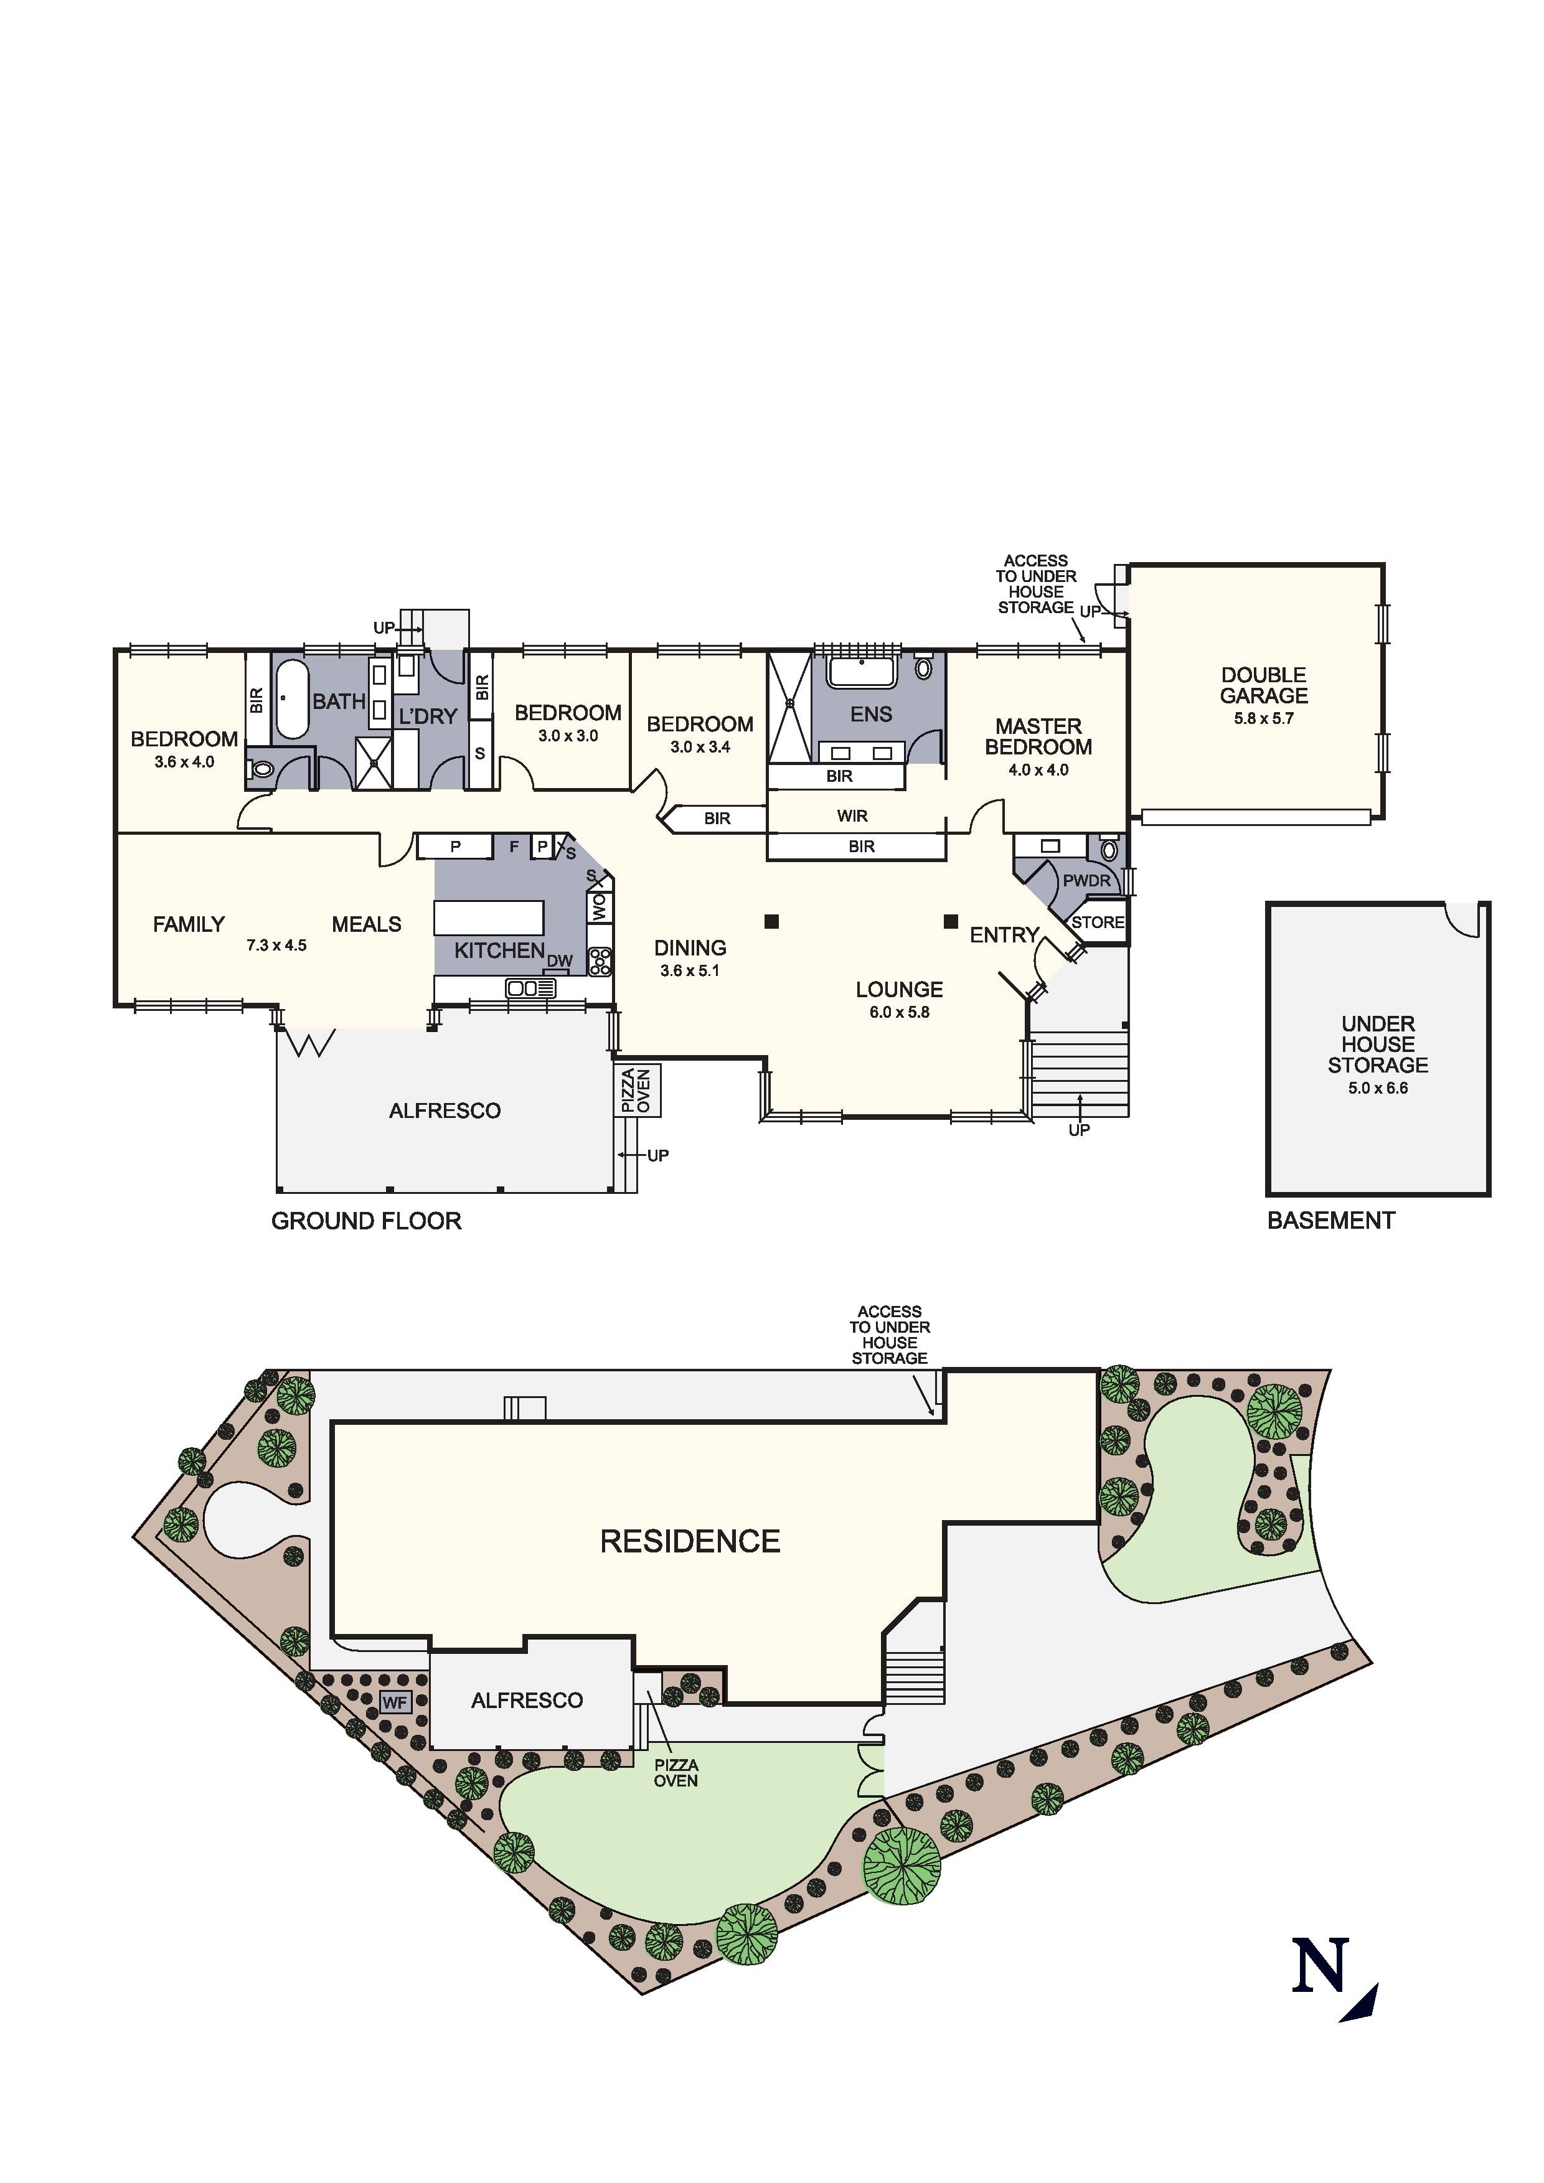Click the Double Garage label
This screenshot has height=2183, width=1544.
(x=1264, y=685)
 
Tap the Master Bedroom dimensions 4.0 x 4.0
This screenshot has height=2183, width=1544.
(x=1038, y=769)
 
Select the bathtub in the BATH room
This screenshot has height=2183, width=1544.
(x=292, y=701)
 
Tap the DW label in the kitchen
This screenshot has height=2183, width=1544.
(x=559, y=961)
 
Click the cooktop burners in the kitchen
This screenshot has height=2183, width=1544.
(x=600, y=962)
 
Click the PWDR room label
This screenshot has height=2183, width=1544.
(x=1086, y=880)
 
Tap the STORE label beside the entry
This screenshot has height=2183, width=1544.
(x=1098, y=922)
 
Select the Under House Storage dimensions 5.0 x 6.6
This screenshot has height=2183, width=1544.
(x=1378, y=1087)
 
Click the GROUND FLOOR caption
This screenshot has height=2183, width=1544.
(x=366, y=1221)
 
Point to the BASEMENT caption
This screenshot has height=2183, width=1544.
(x=1331, y=1221)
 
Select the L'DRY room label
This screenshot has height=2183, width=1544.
(x=428, y=716)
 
